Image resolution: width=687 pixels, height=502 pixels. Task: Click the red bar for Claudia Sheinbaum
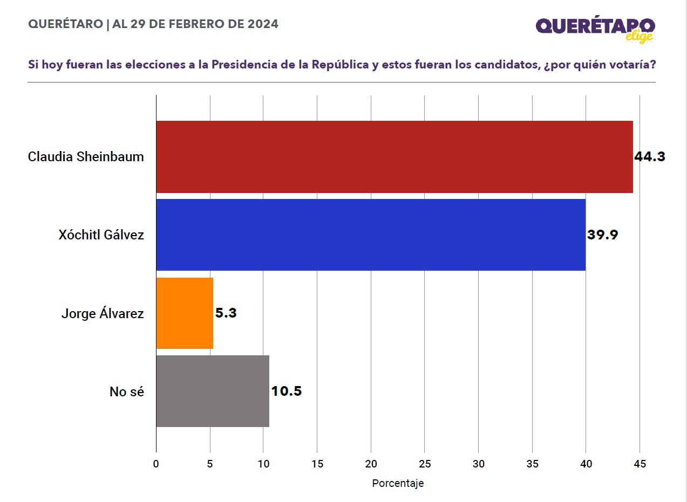click(394, 156)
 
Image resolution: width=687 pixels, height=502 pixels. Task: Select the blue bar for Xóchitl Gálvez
click(371, 235)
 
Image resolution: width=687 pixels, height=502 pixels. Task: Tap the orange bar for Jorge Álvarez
click(185, 313)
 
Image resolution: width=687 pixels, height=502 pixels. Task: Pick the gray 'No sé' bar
click(213, 391)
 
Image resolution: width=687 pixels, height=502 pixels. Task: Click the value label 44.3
click(650, 156)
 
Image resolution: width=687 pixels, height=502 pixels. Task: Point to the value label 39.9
click(602, 235)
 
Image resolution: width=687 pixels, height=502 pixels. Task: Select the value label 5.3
click(226, 313)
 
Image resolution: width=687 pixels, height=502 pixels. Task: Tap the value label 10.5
click(287, 391)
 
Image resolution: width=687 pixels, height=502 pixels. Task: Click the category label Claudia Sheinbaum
click(86, 156)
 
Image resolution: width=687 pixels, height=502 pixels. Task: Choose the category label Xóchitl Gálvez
click(101, 235)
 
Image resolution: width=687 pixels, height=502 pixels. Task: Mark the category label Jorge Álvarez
click(103, 313)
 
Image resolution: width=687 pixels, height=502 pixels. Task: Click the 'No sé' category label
click(127, 391)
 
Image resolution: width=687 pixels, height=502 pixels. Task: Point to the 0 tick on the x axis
click(156, 464)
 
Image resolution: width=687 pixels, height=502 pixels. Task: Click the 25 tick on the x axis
click(425, 464)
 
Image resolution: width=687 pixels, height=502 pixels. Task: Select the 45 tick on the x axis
click(640, 464)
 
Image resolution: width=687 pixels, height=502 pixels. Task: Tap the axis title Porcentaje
click(398, 483)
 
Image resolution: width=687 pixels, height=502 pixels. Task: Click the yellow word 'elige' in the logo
click(640, 37)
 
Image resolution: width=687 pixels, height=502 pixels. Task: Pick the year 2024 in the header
click(263, 24)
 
